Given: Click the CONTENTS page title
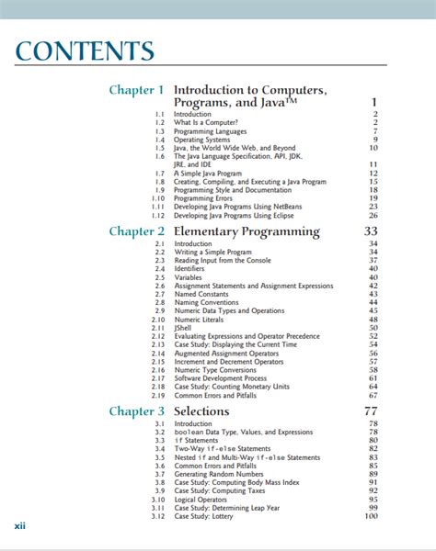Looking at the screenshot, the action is [85, 51].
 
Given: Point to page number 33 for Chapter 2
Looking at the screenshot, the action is [371, 231].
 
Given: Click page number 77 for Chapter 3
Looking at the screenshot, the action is [371, 410].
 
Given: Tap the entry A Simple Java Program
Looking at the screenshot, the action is [209, 173].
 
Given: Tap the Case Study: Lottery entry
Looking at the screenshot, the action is [207, 515].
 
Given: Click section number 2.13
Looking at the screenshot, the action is [158, 344].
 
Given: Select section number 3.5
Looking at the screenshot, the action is [159, 456].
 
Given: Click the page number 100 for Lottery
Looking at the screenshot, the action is [371, 515].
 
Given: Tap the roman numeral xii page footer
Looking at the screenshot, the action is [19, 526].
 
